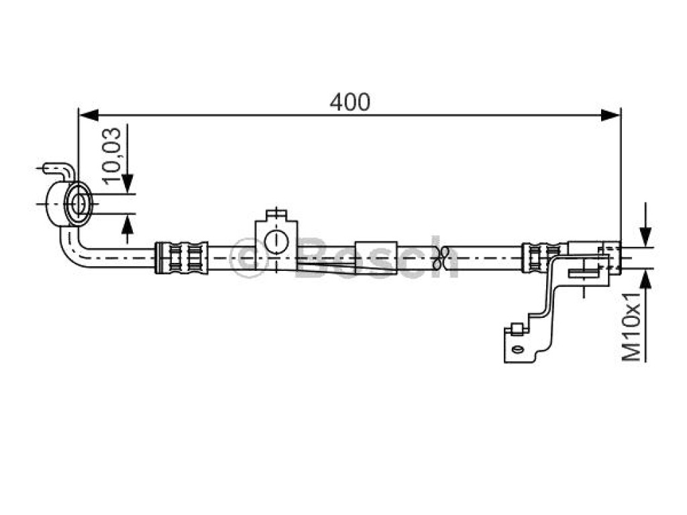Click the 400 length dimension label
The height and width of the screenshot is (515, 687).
point(350,103)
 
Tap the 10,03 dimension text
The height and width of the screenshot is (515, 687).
point(111,156)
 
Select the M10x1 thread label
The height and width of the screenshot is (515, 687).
point(632,327)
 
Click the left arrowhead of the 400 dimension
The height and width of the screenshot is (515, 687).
point(88,115)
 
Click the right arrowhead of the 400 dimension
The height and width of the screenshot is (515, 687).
point(611,115)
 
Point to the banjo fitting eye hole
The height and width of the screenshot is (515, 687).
point(79,204)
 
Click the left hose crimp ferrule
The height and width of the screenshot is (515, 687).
point(181,257)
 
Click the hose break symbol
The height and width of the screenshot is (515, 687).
point(441,258)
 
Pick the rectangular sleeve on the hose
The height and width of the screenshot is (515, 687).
point(376,257)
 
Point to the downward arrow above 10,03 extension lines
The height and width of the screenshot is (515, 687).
point(127,183)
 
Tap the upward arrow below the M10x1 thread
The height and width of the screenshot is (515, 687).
point(645,280)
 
